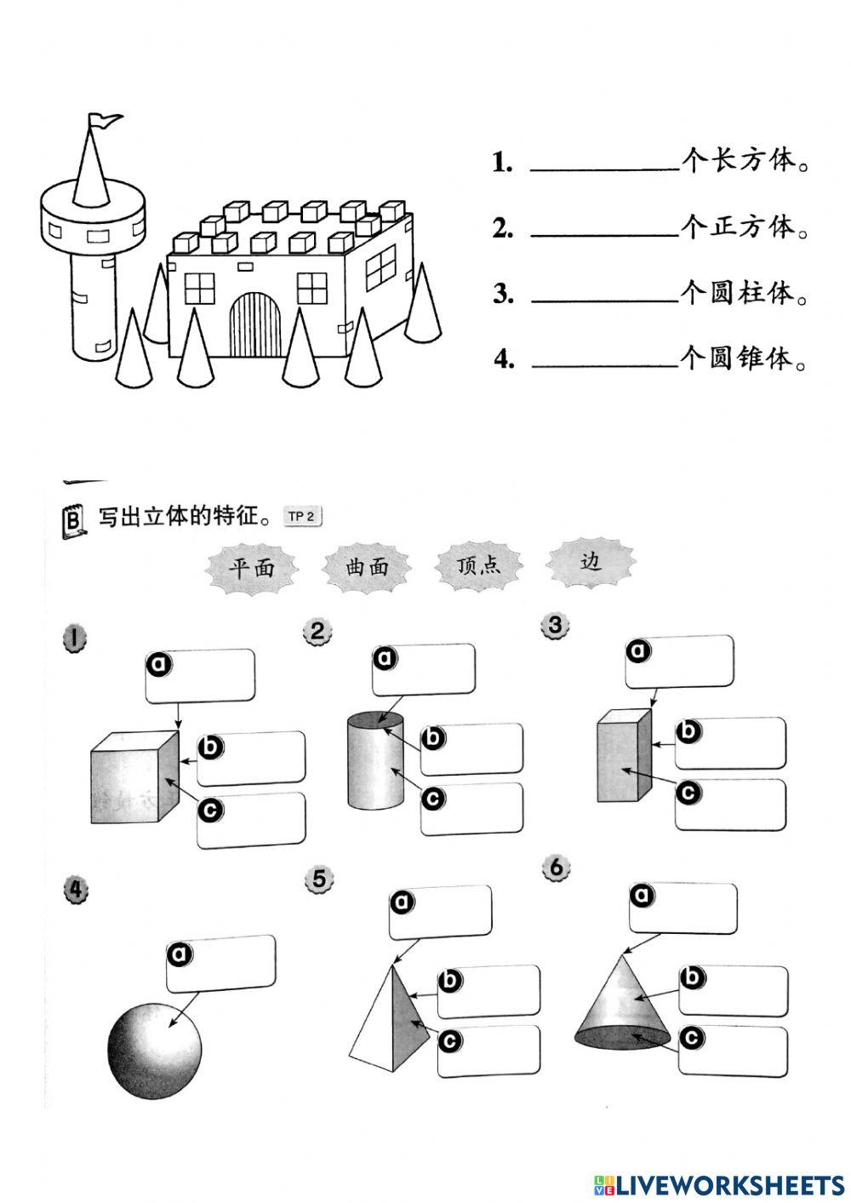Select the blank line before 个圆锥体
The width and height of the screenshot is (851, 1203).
pyautogui.click(x=603, y=360)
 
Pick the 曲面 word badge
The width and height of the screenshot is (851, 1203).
pyautogui.click(x=367, y=567)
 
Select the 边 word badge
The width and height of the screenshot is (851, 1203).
pyautogui.click(x=590, y=562)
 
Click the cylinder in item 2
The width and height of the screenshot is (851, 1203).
pyautogui.click(x=376, y=761)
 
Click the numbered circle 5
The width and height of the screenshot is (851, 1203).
pyautogui.click(x=319, y=879)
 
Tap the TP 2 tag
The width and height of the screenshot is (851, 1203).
pyautogui.click(x=302, y=516)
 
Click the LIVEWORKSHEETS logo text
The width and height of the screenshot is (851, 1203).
pyautogui.click(x=718, y=1184)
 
